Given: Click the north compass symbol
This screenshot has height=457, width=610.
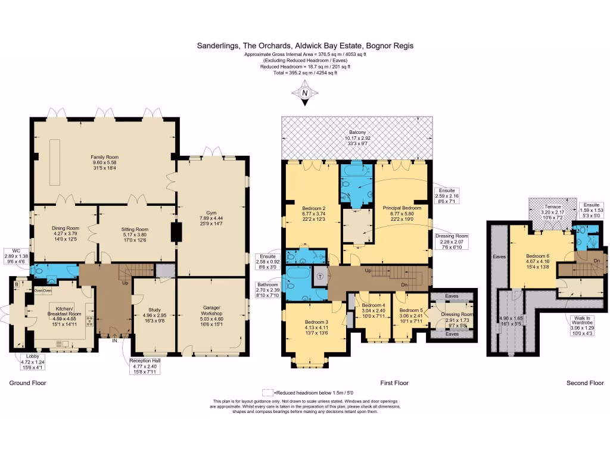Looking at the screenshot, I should (305, 93).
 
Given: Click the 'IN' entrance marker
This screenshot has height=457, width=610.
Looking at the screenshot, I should (114, 342).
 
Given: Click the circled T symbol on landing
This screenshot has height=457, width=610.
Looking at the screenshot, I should (320, 277).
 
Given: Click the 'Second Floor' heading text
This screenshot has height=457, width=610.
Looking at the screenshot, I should (585, 383).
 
